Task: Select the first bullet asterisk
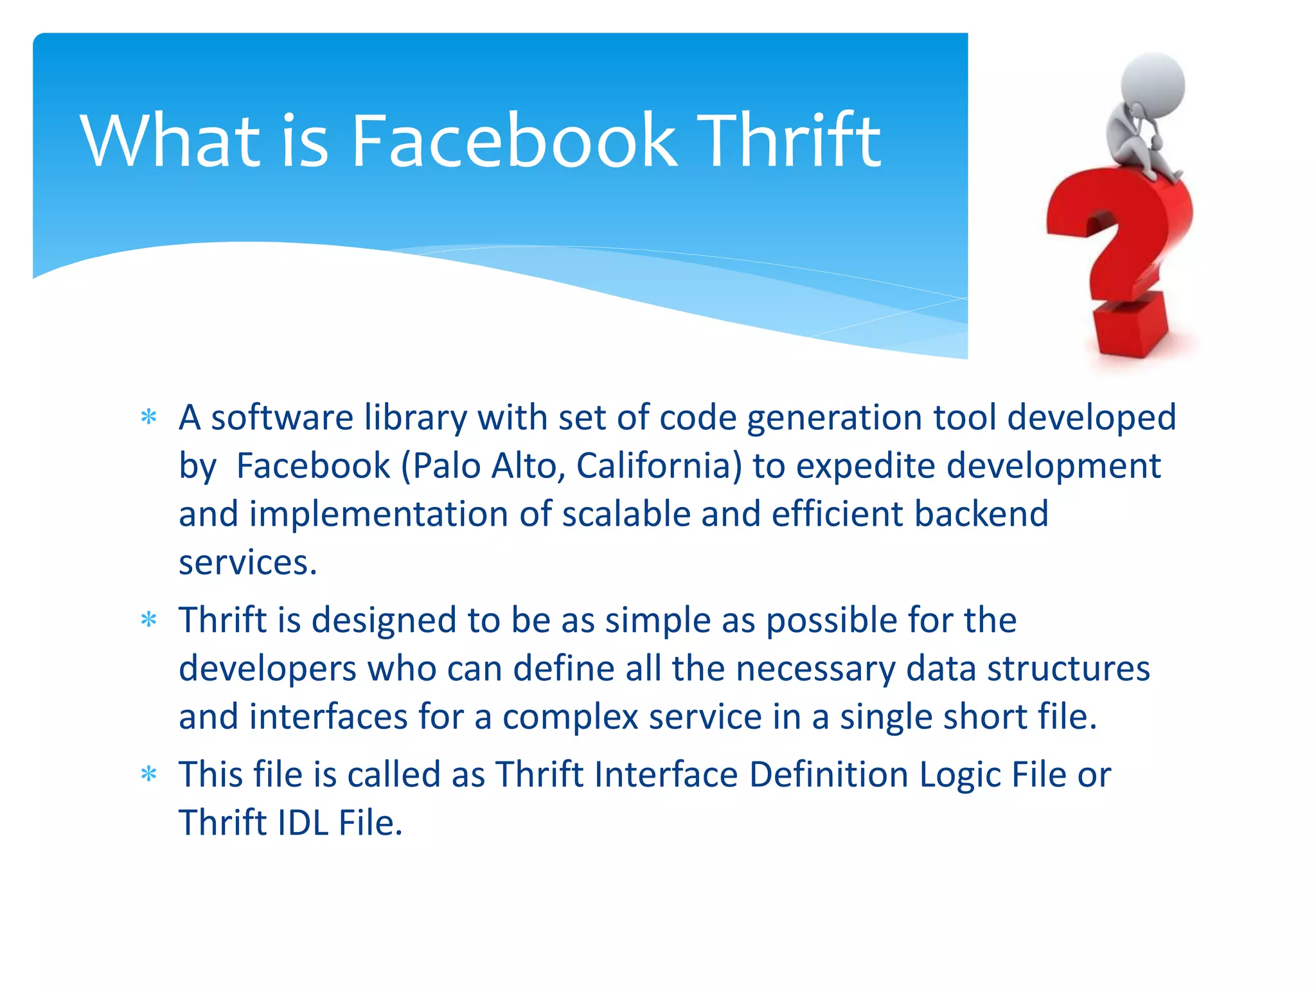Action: (148, 418)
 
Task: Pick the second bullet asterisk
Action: (148, 621)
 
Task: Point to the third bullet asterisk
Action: (148, 775)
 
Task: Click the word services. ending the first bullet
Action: (248, 563)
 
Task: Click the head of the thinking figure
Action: (1153, 84)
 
